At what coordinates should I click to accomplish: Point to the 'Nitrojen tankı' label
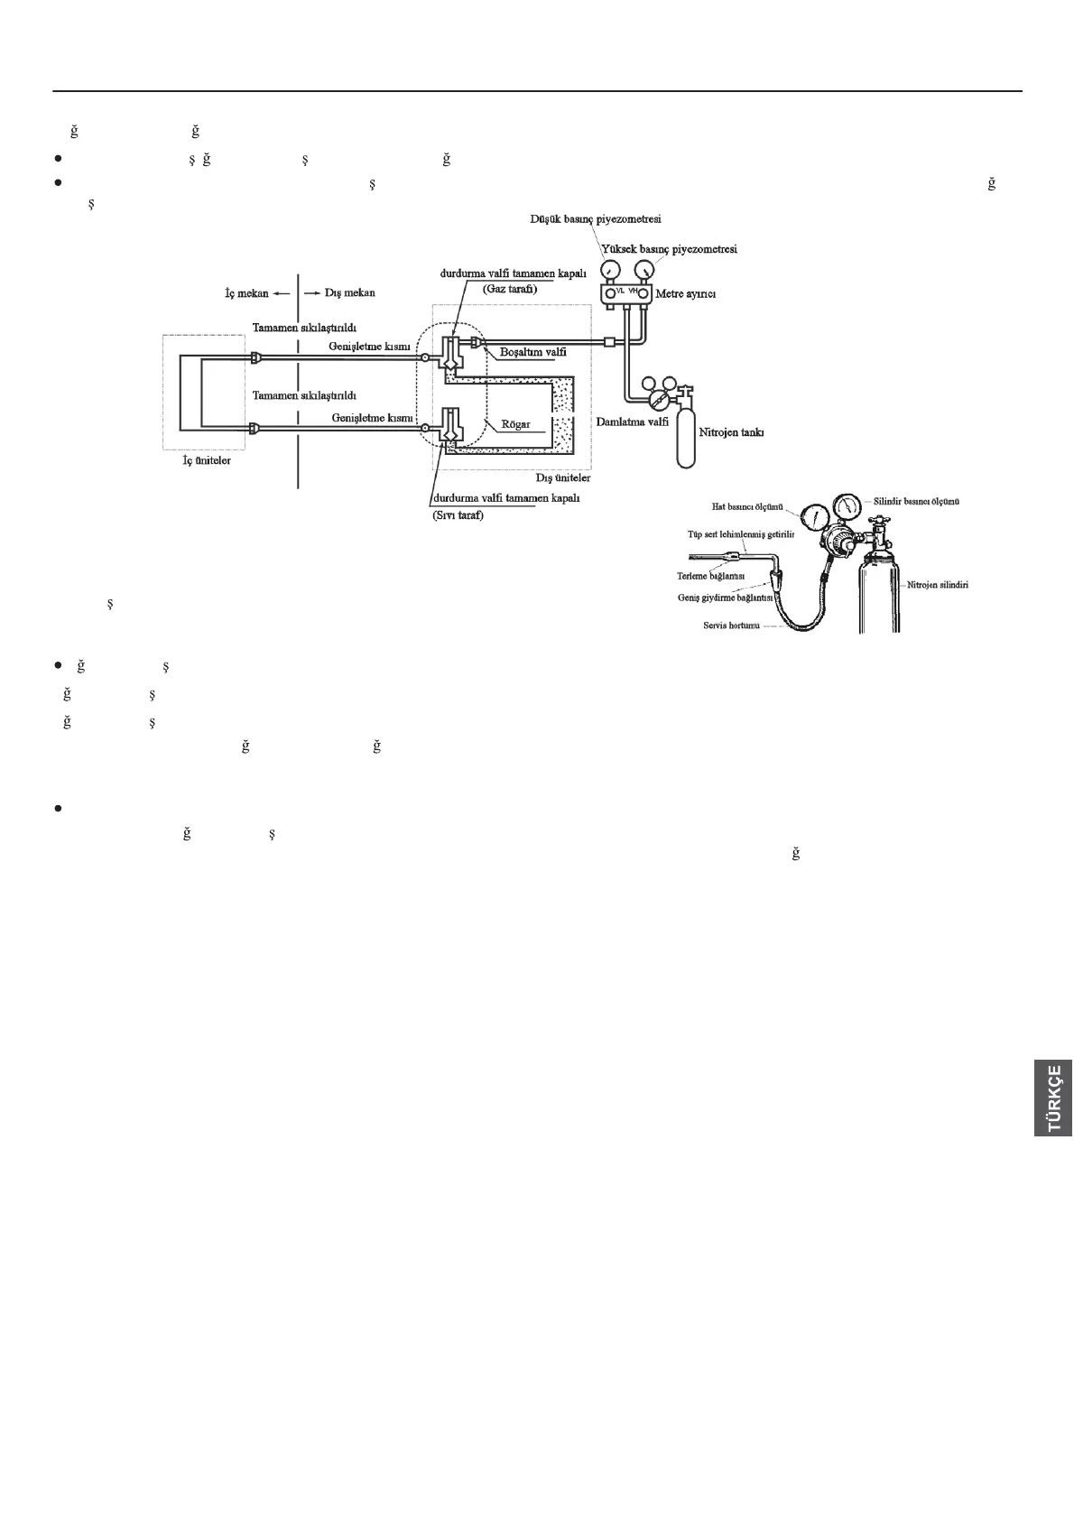point(732,432)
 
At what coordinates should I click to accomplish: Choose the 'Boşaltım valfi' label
point(533,352)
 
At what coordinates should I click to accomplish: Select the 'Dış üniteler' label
point(562,477)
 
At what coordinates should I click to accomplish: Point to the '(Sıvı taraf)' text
point(458,515)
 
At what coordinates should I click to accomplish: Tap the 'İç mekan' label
point(246,292)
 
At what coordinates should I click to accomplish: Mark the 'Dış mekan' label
point(349,292)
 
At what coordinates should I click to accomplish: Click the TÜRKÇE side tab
point(1053,1098)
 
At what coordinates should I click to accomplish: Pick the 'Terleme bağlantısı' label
point(709,575)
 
